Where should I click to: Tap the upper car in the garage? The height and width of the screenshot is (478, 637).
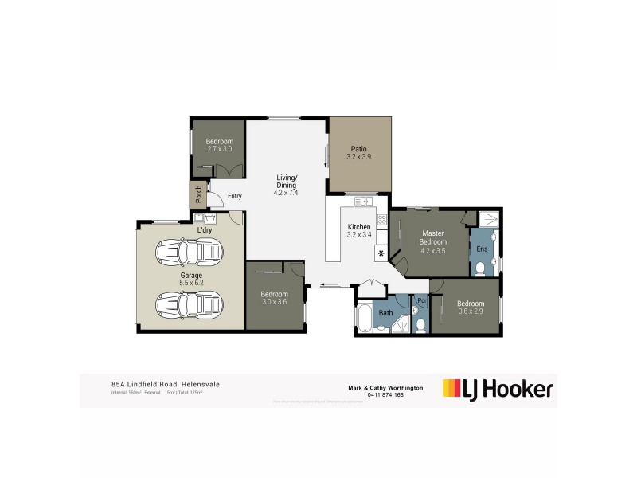tap(190, 254)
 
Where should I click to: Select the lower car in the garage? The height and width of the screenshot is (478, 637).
tap(190, 304)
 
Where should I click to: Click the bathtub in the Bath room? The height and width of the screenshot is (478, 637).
tap(365, 318)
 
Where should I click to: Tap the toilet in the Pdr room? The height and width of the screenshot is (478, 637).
tap(420, 323)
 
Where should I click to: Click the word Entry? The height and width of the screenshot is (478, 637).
tap(234, 196)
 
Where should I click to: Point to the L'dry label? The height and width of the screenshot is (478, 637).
tap(205, 230)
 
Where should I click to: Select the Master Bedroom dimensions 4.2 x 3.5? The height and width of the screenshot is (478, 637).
tap(434, 250)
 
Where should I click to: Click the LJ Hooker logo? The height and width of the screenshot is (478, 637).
tap(498, 389)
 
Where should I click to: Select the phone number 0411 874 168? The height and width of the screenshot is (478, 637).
tap(387, 394)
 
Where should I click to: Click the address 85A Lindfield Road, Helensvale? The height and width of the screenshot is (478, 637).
tap(165, 384)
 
